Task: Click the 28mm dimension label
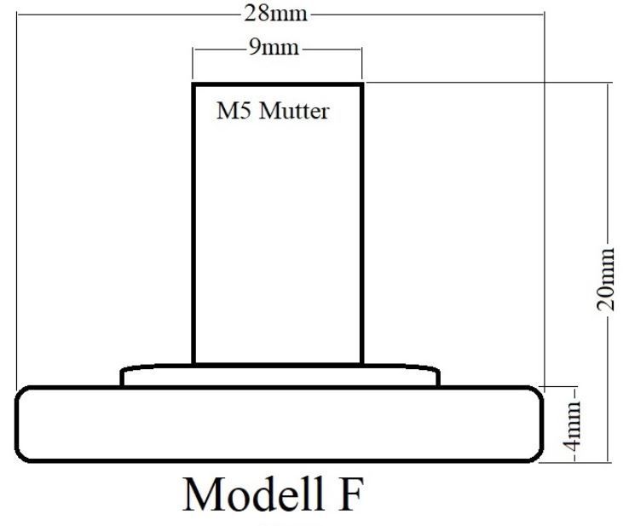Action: (275, 14)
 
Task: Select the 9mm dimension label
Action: (274, 48)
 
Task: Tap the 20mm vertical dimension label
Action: (605, 280)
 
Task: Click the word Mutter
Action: (294, 111)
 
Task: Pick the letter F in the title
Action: (351, 494)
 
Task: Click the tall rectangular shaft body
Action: (278, 224)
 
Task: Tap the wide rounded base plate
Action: (280, 424)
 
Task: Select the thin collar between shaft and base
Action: (280, 376)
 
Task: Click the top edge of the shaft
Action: (278, 84)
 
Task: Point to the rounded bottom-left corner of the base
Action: (20, 457)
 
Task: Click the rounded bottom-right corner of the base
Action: (538, 457)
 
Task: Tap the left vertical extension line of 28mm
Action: (17, 200)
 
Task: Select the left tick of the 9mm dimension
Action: (193, 63)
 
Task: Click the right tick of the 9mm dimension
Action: (362, 63)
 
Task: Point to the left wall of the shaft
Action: (193, 224)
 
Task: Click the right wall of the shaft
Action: (362, 224)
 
